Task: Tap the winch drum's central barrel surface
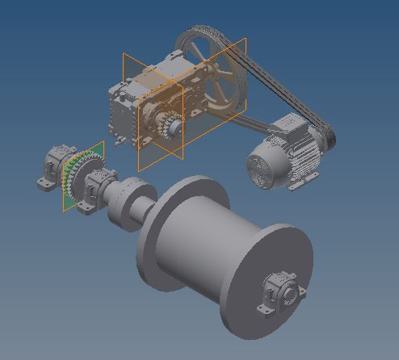[198, 250]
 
